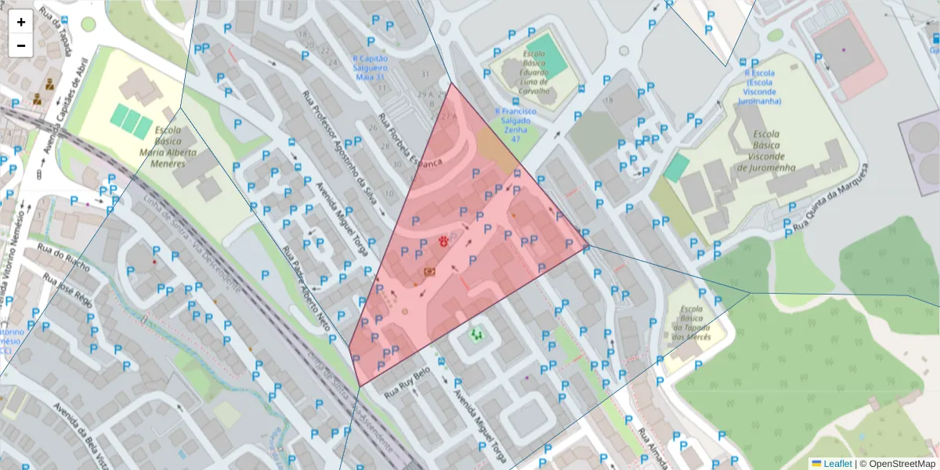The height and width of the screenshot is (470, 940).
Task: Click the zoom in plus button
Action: [21, 22]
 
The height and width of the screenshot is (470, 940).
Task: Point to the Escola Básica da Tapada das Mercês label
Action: [691, 323]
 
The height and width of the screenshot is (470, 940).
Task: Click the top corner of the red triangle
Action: [450, 84]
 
